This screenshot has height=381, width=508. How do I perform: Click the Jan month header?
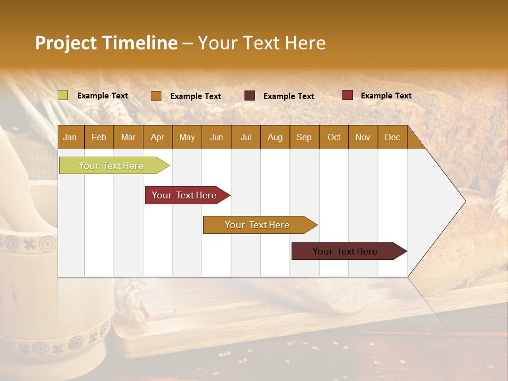[x=70, y=137]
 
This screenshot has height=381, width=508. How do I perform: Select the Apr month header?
[x=157, y=137]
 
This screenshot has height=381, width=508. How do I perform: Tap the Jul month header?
[x=246, y=137]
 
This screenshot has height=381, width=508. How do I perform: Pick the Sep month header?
[x=304, y=137]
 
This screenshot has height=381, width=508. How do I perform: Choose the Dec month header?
[x=392, y=137]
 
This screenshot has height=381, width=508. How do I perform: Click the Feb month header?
[x=99, y=137]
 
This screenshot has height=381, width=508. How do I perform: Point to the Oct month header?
[x=334, y=137]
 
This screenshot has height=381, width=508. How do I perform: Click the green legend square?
[x=63, y=95]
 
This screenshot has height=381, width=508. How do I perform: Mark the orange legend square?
[x=156, y=96]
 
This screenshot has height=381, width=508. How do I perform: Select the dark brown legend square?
[x=250, y=96]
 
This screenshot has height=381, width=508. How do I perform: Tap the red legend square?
[x=347, y=95]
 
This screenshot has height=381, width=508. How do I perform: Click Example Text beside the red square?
[x=386, y=96]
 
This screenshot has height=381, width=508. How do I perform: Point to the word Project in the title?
[x=65, y=43]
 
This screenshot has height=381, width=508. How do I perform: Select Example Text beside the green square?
[x=103, y=96]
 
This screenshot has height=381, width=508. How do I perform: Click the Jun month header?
[x=216, y=137]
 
